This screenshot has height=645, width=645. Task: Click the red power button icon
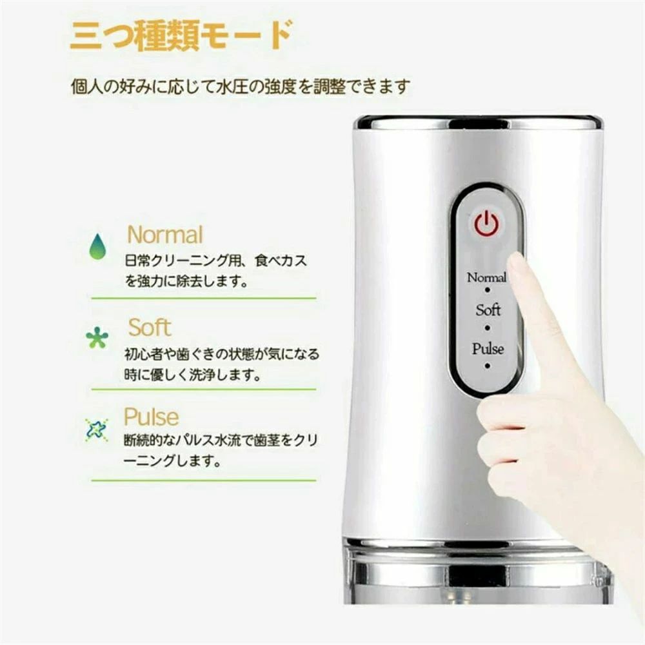[486, 224]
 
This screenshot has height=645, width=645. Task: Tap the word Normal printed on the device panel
[486, 277]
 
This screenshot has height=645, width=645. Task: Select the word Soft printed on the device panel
[488, 310]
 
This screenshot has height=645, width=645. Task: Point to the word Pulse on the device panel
[488, 349]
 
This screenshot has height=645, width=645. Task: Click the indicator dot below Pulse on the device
[488, 365]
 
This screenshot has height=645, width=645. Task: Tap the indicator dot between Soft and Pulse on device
[488, 328]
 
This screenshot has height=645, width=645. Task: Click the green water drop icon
[97, 246]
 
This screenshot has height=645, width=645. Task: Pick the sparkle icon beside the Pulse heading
[97, 430]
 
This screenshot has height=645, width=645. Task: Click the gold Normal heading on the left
[165, 235]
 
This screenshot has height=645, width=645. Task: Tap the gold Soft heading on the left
[150, 328]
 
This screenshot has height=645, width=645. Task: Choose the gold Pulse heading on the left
[152, 417]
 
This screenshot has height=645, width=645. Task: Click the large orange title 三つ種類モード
[181, 35]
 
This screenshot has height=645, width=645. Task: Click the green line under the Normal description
[204, 298]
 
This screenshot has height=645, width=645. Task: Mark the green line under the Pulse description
[204, 480]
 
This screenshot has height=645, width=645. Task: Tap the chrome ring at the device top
[479, 123]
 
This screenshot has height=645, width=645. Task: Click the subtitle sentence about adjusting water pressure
[241, 87]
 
